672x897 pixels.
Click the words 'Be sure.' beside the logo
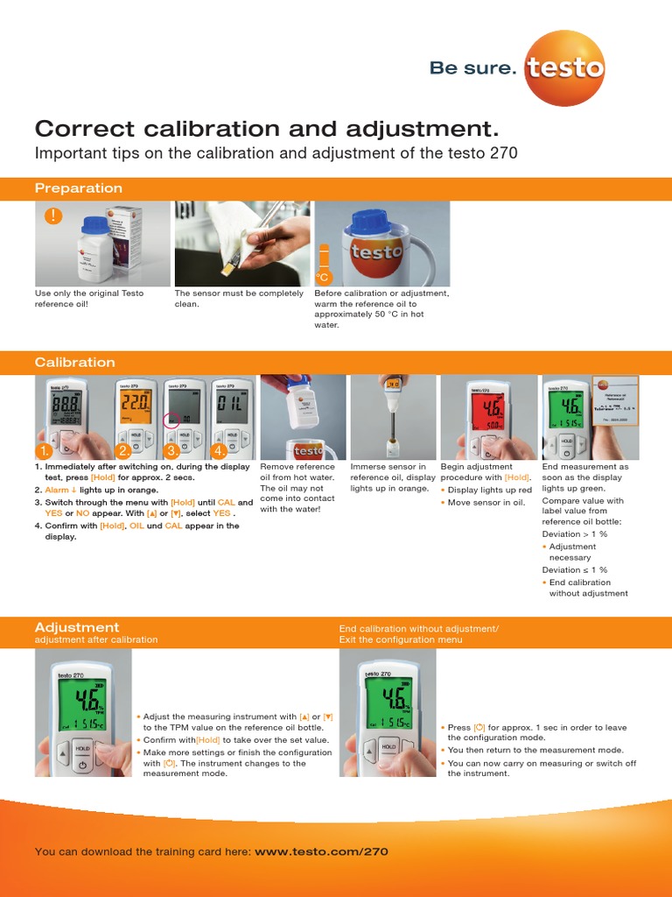pos(472,68)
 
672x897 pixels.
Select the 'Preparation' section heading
pos(79,188)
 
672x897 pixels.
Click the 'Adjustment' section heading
pos(77,627)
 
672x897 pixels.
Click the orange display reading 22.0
pos(136,405)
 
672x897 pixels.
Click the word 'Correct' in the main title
pos(83,130)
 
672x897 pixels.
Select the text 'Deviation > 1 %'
pos(575,533)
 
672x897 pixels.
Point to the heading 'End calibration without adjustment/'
pos(418,628)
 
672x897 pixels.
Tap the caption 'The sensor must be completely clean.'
pos(239,299)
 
